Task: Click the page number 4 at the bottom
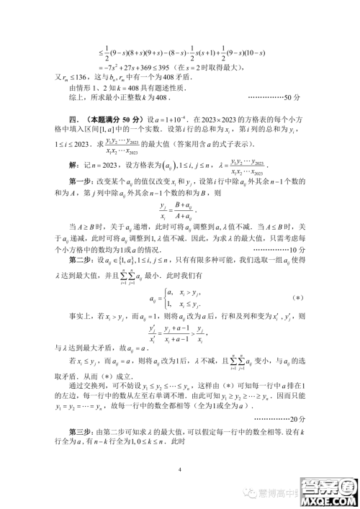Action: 180,470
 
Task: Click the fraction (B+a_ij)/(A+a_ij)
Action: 179,212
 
